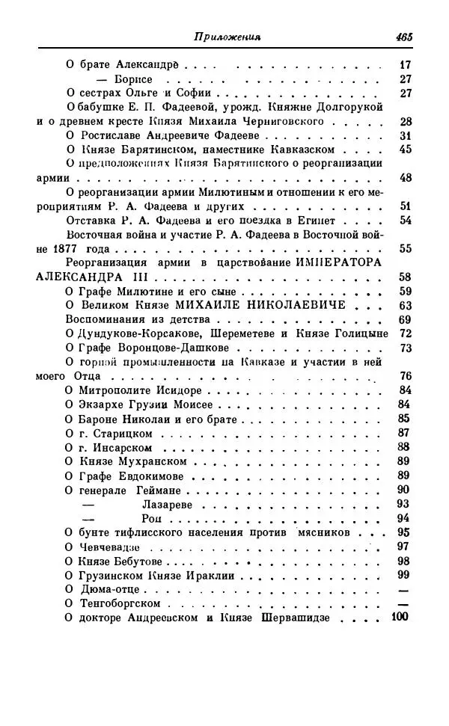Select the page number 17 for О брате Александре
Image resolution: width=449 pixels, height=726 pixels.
coord(406,64)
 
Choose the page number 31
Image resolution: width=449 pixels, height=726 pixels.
coord(406,135)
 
